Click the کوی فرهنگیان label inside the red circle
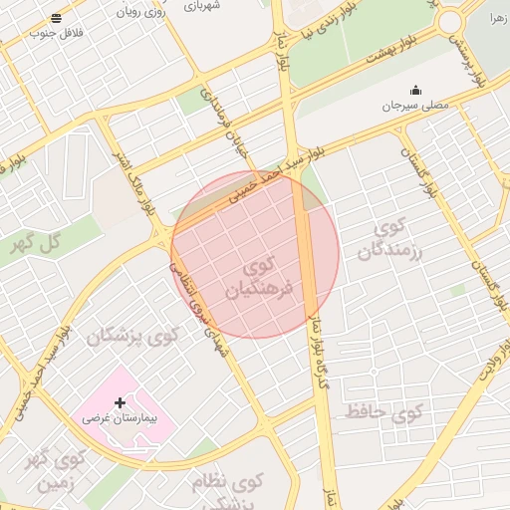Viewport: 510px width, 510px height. tap(267, 279)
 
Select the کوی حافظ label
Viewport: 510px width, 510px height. tap(384, 409)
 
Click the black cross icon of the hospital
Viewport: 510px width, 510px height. tap(122, 403)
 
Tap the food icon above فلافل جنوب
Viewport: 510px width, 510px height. tap(55, 18)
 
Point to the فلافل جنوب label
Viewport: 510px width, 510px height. tap(55, 33)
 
